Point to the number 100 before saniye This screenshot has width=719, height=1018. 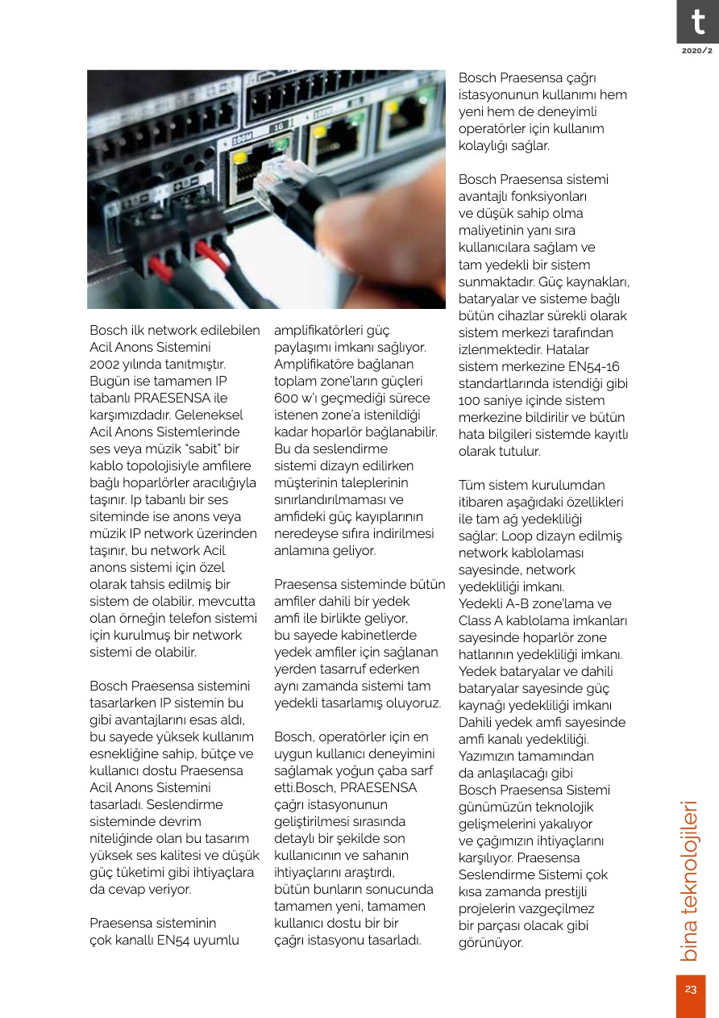[x=472, y=400]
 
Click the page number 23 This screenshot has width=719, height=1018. [x=691, y=990]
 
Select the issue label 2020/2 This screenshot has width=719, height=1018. [x=697, y=51]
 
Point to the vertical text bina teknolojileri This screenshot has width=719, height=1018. [x=690, y=880]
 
